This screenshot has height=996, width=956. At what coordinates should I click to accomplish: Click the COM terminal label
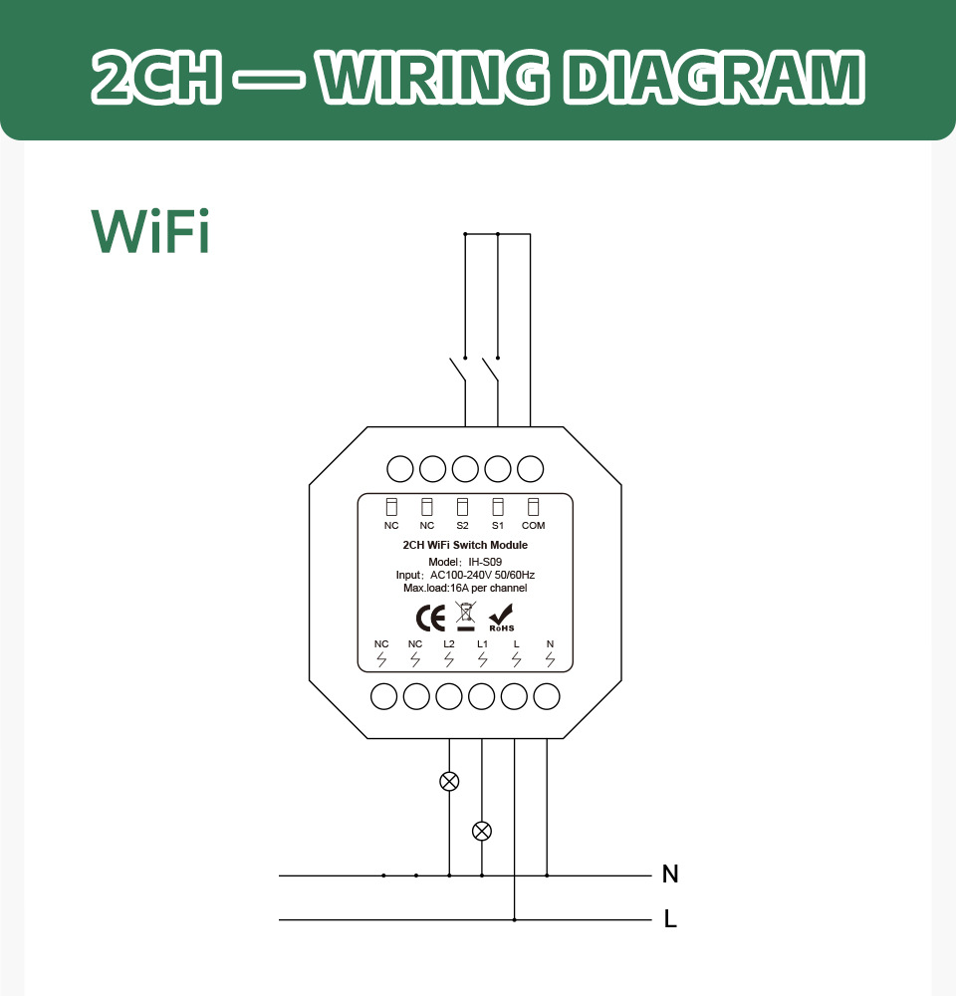tap(533, 525)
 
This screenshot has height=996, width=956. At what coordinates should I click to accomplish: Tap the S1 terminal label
tap(497, 525)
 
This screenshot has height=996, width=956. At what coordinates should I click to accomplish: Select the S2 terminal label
tap(462, 525)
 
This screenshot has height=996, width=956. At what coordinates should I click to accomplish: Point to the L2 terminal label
tap(449, 644)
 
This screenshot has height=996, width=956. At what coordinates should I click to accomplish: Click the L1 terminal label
tap(483, 644)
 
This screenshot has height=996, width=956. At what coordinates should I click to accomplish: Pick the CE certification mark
tap(430, 619)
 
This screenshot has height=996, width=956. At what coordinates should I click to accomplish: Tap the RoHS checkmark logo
tap(501, 619)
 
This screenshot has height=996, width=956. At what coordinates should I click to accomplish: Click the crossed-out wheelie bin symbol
tap(466, 617)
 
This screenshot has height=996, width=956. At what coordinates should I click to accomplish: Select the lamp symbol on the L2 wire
tap(449, 781)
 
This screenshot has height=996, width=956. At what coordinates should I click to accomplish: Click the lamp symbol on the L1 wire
tap(482, 831)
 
